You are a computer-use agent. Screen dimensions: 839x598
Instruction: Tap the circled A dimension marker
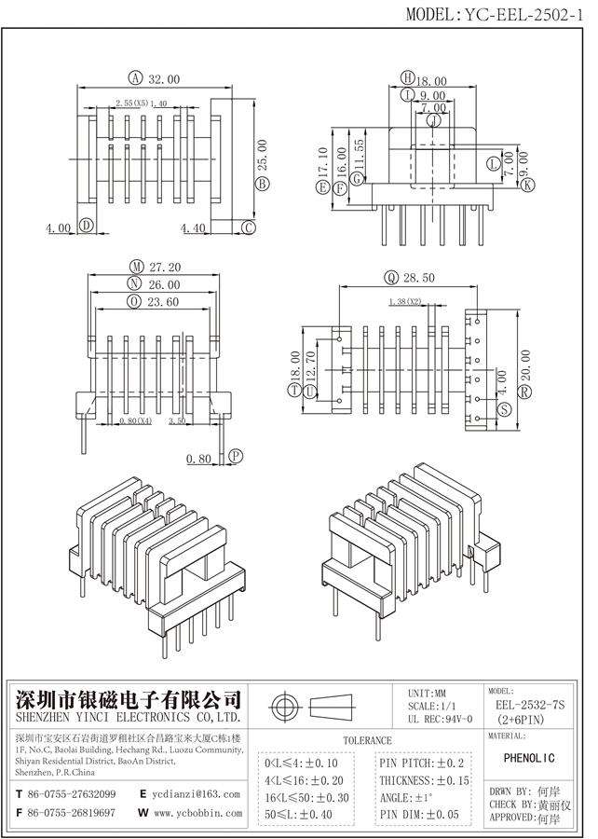(x=136, y=78)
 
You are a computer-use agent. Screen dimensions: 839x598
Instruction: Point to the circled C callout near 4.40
(x=249, y=227)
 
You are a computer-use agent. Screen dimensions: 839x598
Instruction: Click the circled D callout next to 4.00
(x=85, y=226)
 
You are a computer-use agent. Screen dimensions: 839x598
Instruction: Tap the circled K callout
(x=528, y=186)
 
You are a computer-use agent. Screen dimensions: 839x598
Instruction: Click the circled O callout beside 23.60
(x=135, y=301)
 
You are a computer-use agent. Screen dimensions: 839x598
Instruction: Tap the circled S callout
(x=505, y=410)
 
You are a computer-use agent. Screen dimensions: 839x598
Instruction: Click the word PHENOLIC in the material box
(x=535, y=759)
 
